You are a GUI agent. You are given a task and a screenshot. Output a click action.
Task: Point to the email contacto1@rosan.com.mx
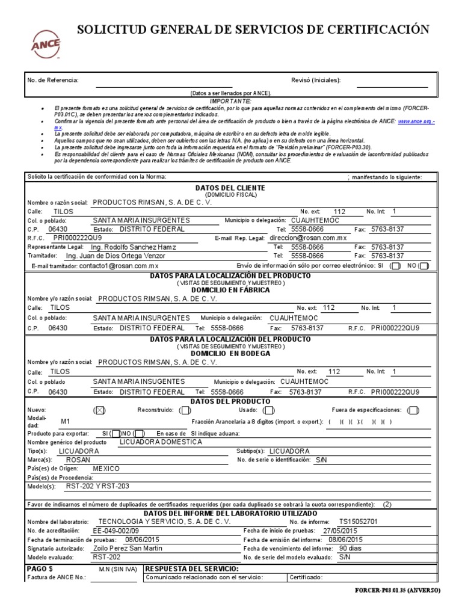[119, 265]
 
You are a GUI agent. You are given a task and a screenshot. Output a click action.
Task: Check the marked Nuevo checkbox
[100, 410]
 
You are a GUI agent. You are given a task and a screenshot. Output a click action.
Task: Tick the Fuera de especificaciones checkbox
[413, 410]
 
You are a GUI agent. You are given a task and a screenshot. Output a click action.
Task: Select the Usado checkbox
[269, 410]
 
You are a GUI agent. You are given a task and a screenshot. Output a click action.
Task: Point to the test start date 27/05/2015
[343, 531]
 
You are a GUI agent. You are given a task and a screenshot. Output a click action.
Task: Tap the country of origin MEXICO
[106, 469]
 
